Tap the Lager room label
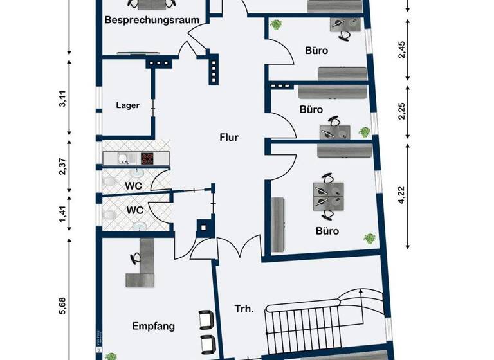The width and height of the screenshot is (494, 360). [x=127, y=105]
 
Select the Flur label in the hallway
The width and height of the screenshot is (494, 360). [x=229, y=137]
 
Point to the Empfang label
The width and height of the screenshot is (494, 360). [x=153, y=326]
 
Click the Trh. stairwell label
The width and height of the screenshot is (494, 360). [x=244, y=309]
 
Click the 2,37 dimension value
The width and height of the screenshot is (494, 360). [x=63, y=166]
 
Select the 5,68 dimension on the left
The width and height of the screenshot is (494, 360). [x=63, y=301]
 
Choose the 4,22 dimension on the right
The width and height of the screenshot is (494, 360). [x=402, y=194]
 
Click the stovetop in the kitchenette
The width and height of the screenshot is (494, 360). [x=147, y=157]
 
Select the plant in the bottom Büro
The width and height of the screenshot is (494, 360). [x=369, y=239]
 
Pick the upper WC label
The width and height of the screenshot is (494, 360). [x=134, y=186]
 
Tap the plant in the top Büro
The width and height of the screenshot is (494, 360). [x=277, y=25]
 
